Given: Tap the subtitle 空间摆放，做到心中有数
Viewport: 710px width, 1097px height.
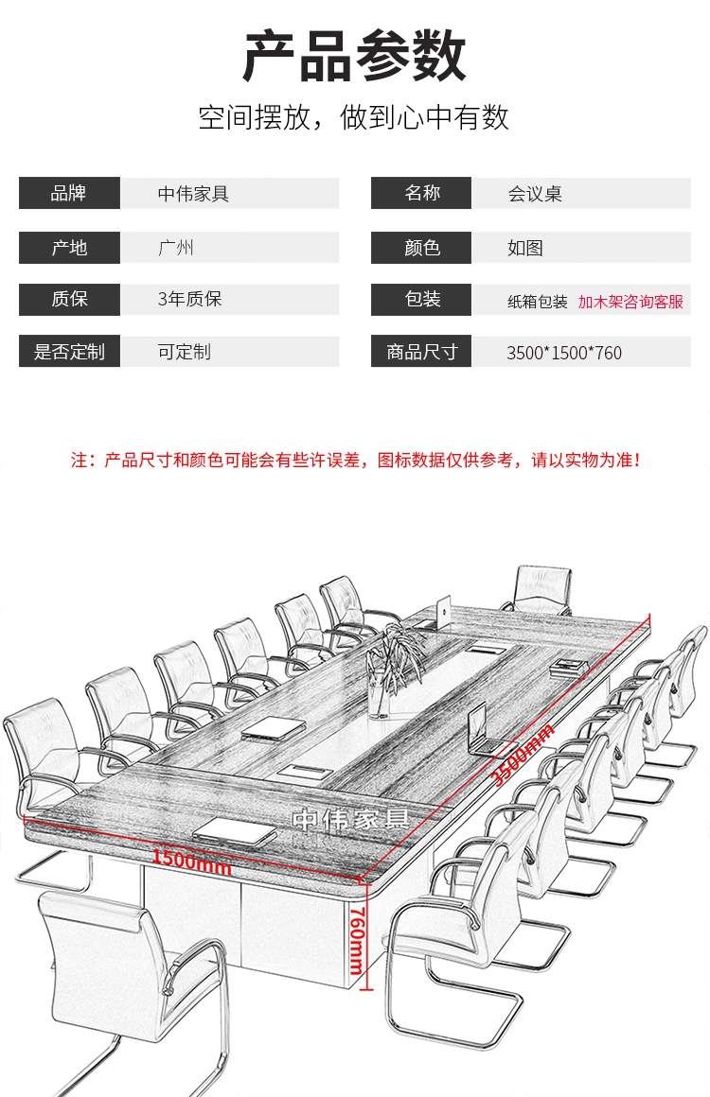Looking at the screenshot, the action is click(x=354, y=117).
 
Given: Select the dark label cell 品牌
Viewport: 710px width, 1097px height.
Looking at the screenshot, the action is click(x=69, y=194).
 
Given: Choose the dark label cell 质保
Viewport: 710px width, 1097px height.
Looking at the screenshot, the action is click(x=69, y=300).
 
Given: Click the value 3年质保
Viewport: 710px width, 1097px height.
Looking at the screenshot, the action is click(x=189, y=300).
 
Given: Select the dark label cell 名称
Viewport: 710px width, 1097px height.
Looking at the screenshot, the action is click(x=421, y=194).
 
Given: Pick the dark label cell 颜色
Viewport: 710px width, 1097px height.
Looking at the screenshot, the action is click(x=421, y=248).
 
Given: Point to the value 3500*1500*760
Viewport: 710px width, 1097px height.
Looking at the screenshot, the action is click(x=564, y=354).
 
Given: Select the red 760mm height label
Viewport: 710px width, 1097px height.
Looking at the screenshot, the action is click(x=356, y=939).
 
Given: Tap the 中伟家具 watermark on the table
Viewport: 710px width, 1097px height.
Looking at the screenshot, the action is click(x=349, y=819).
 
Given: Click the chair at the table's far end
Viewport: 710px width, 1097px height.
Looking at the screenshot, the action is click(x=539, y=588).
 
